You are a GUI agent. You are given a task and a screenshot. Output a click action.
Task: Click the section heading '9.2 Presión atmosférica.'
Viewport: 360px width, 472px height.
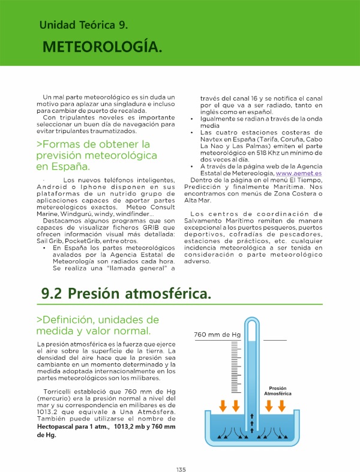[126, 294]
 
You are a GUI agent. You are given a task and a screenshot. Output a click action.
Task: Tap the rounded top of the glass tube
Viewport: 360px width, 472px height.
[252, 323]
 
